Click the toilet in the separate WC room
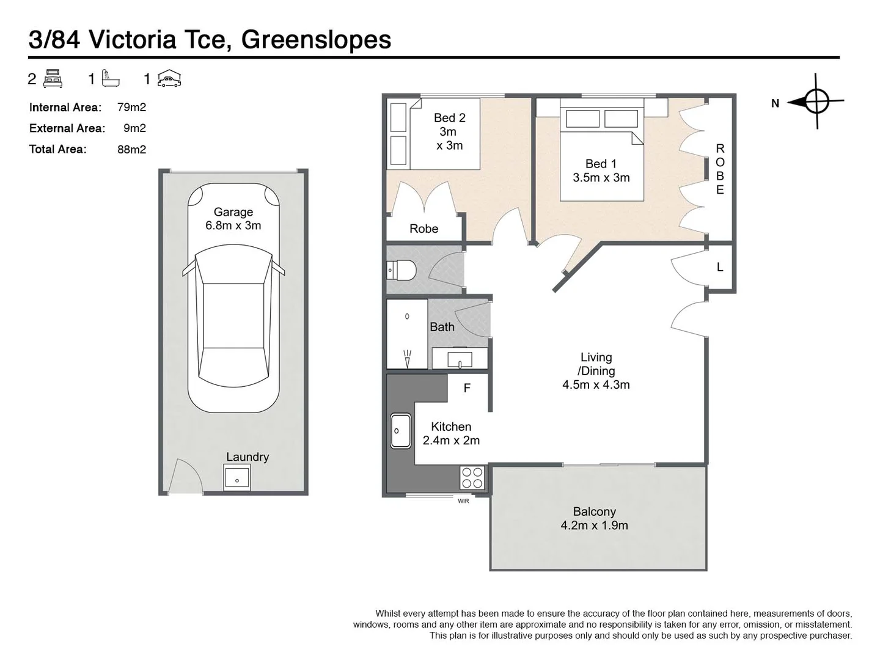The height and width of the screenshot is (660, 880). (402, 269)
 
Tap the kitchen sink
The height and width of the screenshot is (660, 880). (401, 431)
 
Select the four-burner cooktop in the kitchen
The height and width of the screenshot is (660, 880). (472, 477)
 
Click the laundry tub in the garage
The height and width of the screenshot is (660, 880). (237, 477)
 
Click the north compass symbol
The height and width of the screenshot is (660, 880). (816, 101)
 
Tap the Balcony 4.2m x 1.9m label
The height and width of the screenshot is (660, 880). (594, 518)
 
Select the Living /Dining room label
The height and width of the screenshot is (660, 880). (596, 364)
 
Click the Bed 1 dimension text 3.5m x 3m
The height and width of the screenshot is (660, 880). (601, 178)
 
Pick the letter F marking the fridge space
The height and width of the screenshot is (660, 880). (467, 388)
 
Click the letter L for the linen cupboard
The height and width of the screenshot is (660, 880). (720, 267)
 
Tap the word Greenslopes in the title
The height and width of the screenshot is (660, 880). (316, 40)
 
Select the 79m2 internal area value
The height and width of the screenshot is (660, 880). (131, 108)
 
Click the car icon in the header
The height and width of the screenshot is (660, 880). (169, 79)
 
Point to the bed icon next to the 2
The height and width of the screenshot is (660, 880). (53, 79)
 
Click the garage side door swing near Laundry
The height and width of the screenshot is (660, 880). (185, 477)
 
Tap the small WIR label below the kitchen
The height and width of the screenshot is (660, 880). (463, 501)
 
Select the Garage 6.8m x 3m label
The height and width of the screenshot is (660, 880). (233, 219)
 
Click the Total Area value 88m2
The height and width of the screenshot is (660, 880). (131, 149)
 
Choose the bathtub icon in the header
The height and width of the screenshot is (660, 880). (111, 79)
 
